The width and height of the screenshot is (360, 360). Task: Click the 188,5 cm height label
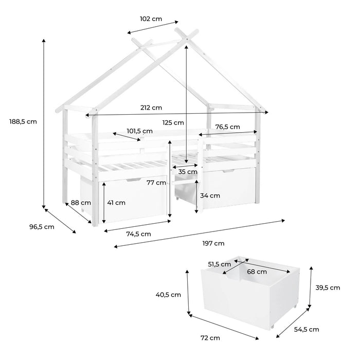point(23,121)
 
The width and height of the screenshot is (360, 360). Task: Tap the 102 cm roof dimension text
point(151,19)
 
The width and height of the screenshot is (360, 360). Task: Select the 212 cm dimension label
point(151,107)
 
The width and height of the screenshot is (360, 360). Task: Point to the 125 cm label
point(173,122)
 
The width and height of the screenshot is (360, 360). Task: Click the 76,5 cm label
point(227,127)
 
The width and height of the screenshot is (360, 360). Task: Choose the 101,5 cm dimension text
point(139,131)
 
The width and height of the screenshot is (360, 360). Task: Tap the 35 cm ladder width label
point(188,172)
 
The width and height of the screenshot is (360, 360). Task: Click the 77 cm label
point(156,183)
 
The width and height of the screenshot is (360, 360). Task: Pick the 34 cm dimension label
point(210,195)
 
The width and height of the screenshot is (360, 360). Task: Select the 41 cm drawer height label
point(116,203)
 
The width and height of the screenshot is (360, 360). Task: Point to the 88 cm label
point(81,203)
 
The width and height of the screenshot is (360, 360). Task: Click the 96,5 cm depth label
point(42,227)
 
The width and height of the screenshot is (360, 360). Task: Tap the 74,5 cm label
point(139,234)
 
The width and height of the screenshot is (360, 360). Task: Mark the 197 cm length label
point(213,243)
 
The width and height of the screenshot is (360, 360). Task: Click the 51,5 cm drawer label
point(220,264)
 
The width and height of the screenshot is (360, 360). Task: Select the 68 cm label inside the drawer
point(257,272)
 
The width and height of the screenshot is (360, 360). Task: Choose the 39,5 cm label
point(328,287)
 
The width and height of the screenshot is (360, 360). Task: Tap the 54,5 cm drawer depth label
point(307,330)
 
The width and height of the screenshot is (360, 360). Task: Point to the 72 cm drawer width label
point(210,338)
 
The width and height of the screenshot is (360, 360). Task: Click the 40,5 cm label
point(168,295)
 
